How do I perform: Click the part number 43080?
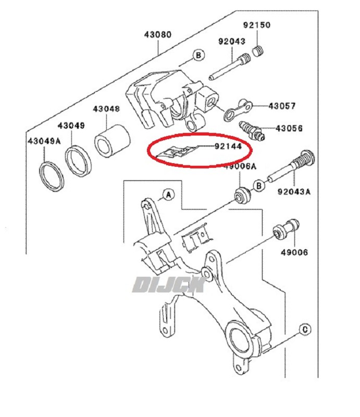tap(158, 34)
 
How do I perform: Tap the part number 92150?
tap(257, 25)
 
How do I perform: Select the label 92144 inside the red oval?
tap(228, 146)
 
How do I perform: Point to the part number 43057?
tap(282, 106)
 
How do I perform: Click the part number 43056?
tap(289, 128)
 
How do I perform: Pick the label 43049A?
tap(44, 141)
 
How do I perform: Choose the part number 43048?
tap(106, 109)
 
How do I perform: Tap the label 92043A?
tap(294, 191)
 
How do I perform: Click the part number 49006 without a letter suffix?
tap(294, 252)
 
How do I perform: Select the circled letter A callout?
tap(169, 195)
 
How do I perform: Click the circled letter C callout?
tap(305, 329)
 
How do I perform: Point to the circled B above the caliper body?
tap(198, 55)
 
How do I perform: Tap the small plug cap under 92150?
tap(258, 51)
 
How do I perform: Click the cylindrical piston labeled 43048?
tap(112, 140)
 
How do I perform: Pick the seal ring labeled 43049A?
tap(52, 176)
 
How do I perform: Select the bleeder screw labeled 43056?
tap(252, 131)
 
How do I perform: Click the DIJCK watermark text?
tap(169, 285)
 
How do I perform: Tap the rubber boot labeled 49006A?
tap(242, 196)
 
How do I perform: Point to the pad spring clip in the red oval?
tap(176, 152)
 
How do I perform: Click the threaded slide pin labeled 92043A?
tap(291, 166)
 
